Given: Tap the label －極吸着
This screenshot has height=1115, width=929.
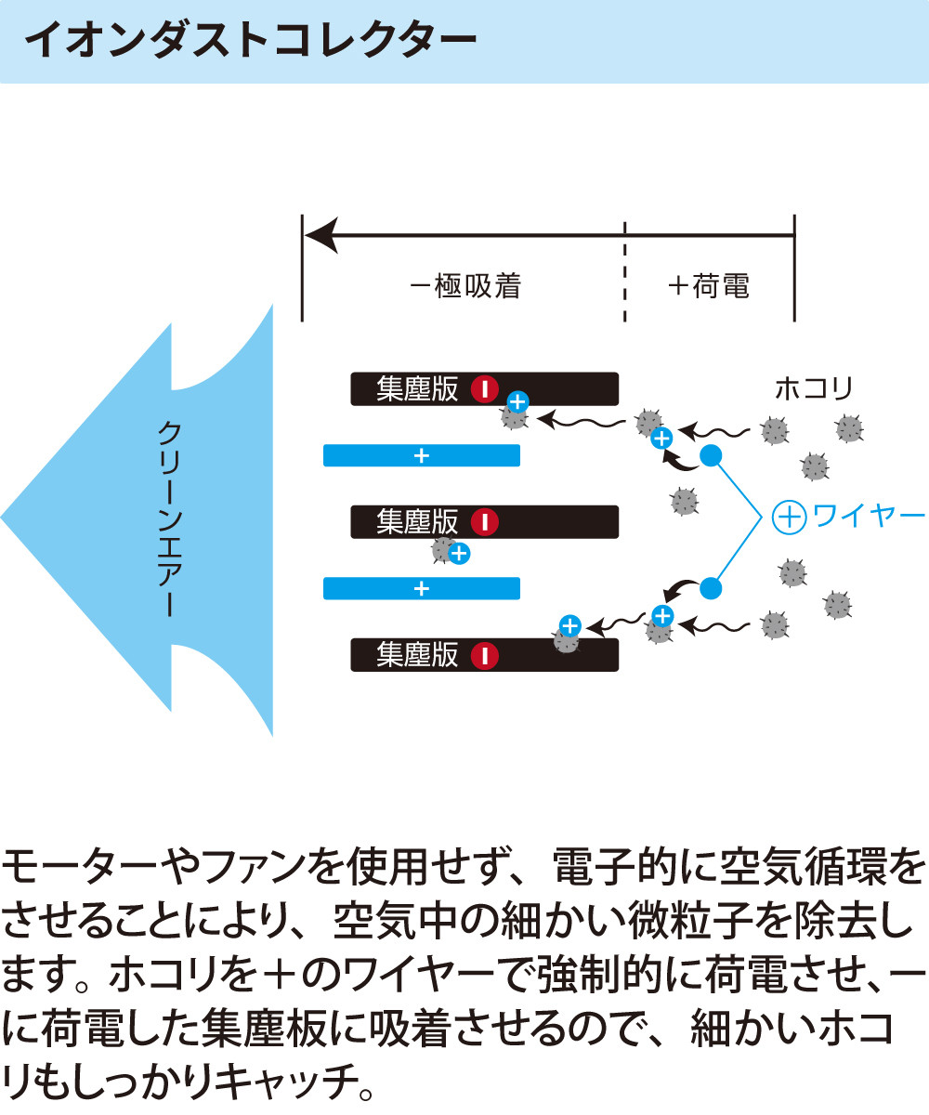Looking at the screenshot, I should click(464, 286).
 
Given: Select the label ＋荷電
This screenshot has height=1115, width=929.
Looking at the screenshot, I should click(708, 286).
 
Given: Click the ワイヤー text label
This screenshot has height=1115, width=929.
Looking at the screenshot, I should click(869, 516).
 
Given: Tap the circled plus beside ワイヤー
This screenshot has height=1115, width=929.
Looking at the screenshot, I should click(789, 517).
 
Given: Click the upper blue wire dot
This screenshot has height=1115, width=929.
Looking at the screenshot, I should click(711, 455).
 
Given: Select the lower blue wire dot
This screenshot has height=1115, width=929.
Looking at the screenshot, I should click(711, 587).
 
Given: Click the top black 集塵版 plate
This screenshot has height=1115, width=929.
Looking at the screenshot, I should click(484, 388).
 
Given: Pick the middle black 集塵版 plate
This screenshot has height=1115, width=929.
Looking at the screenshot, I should click(484, 522).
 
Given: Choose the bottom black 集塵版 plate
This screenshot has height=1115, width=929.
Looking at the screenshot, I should click(484, 655).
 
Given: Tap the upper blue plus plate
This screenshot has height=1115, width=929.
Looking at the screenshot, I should click(422, 455).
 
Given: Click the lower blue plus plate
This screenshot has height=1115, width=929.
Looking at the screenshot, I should click(422, 588).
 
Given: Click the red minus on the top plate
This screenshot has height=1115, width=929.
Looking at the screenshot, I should click(485, 388).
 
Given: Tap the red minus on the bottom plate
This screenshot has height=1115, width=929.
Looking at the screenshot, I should click(485, 656).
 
